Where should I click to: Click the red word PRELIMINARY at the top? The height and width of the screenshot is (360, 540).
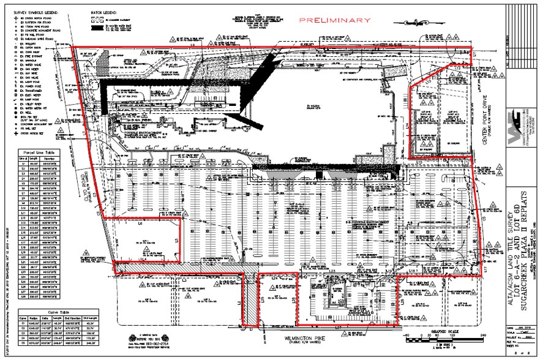click(335, 20)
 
